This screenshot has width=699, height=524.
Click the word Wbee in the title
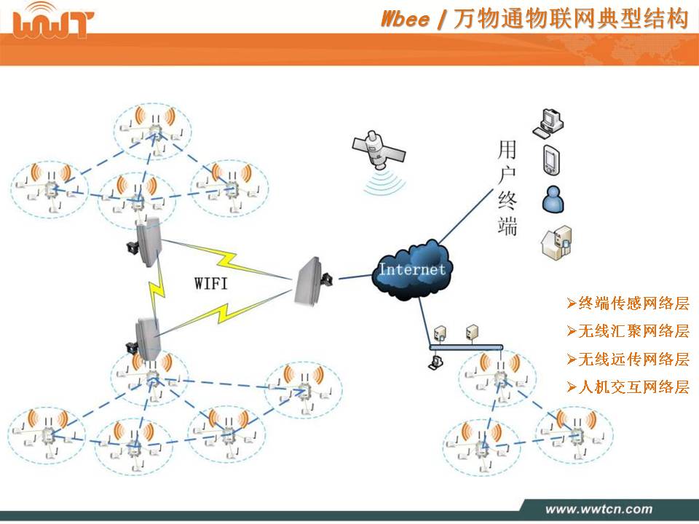click(x=406, y=19)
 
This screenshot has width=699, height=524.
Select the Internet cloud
click(x=412, y=269)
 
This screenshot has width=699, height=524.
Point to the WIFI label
click(x=211, y=283)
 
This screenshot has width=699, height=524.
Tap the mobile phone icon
click(x=550, y=160)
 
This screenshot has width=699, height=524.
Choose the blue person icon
click(x=552, y=198)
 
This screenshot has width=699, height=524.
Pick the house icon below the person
click(x=555, y=242)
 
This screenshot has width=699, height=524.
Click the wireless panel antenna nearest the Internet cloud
click(x=311, y=281)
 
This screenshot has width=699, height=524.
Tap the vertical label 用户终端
click(x=507, y=189)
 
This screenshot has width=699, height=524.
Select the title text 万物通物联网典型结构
click(x=570, y=19)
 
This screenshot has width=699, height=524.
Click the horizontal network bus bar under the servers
click(x=466, y=347)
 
